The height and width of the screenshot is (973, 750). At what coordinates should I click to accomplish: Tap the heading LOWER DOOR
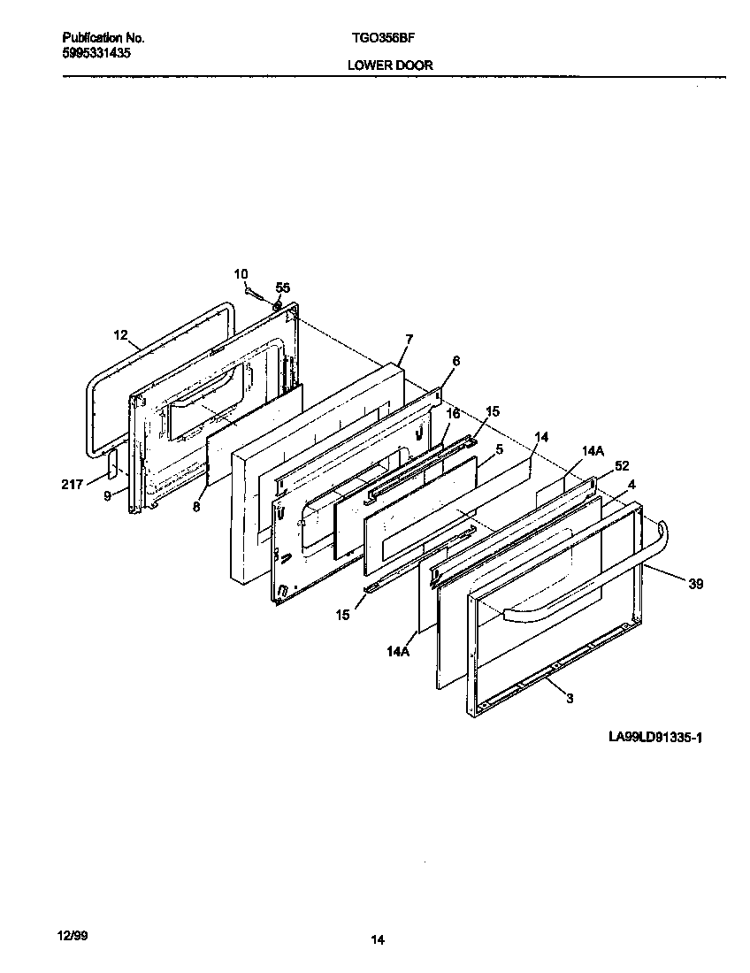tap(390, 65)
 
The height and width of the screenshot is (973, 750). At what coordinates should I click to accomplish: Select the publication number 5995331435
tap(97, 53)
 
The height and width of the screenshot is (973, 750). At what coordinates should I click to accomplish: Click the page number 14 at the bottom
tap(378, 940)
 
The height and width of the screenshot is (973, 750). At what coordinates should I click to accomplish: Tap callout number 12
tap(121, 335)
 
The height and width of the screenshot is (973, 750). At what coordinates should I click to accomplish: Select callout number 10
tap(241, 274)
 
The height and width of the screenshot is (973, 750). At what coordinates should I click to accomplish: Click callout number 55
tap(282, 287)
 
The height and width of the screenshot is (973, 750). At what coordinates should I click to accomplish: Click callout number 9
tap(107, 496)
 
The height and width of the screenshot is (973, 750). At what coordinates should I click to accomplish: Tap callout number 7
tap(409, 339)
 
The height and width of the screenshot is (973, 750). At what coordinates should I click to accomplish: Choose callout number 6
tap(455, 361)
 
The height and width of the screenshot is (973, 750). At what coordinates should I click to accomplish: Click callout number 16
tap(453, 413)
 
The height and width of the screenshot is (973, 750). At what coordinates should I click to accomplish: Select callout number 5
tap(500, 449)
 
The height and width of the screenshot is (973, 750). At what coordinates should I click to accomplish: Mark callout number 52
tap(622, 466)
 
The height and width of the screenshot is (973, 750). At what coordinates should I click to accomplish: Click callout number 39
tap(696, 584)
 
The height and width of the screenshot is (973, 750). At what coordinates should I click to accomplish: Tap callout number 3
tap(570, 698)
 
